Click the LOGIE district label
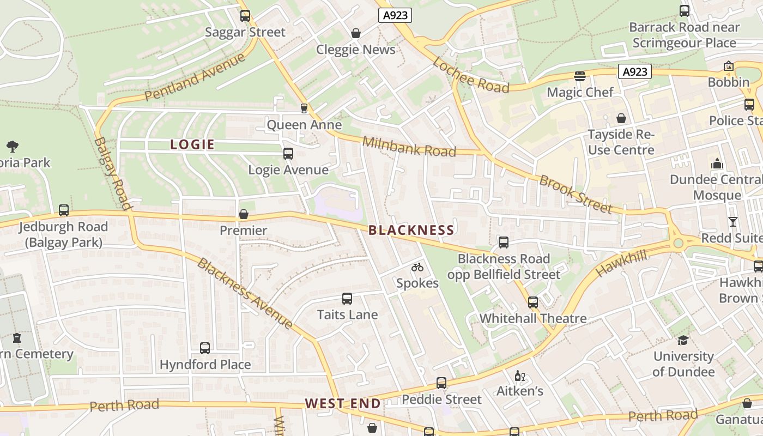click(x=192, y=144)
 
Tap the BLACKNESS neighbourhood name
click(x=411, y=230)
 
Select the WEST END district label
click(x=342, y=403)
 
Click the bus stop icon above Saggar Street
click(x=245, y=16)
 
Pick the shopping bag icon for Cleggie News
click(x=356, y=33)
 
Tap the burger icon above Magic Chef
click(x=579, y=76)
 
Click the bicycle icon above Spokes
click(x=417, y=267)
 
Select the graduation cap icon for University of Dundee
click(x=683, y=341)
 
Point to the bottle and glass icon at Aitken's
click(x=520, y=376)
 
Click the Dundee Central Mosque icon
click(x=716, y=163)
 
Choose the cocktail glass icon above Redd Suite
click(x=732, y=222)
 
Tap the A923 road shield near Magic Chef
click(x=635, y=71)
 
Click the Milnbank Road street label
click(x=409, y=146)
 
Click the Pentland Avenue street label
click(x=195, y=78)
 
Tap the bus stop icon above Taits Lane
click(x=347, y=299)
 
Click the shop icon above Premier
click(x=244, y=215)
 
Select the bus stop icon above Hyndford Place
click(x=205, y=348)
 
